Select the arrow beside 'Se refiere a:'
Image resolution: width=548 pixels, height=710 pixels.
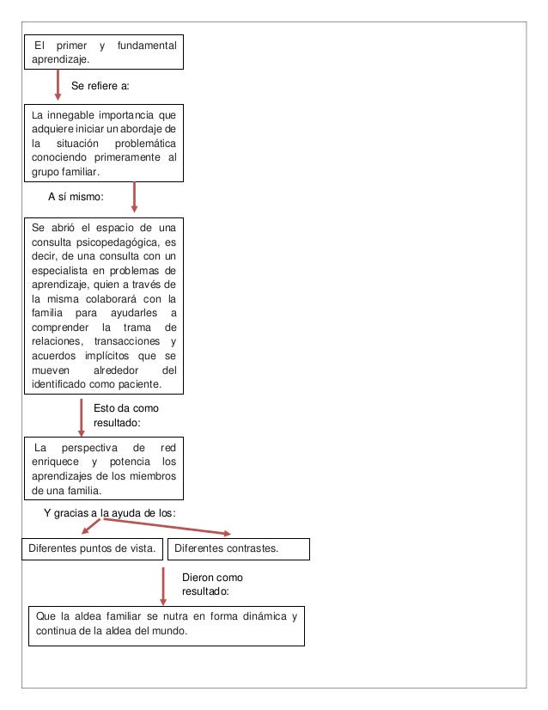(57, 86)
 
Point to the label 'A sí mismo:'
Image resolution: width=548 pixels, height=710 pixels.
(76, 196)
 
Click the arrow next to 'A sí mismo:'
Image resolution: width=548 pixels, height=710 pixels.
(133, 196)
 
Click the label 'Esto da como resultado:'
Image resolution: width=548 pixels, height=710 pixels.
(125, 416)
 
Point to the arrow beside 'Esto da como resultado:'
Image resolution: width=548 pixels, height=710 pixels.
(80, 418)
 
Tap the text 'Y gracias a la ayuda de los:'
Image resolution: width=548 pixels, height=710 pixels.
(110, 512)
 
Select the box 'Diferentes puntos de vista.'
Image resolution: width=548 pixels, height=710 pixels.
(93, 548)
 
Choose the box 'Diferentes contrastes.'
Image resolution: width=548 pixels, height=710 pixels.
(240, 548)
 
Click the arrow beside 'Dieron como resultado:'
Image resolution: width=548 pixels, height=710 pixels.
(163, 585)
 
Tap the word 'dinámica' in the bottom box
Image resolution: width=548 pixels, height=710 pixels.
(254, 617)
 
